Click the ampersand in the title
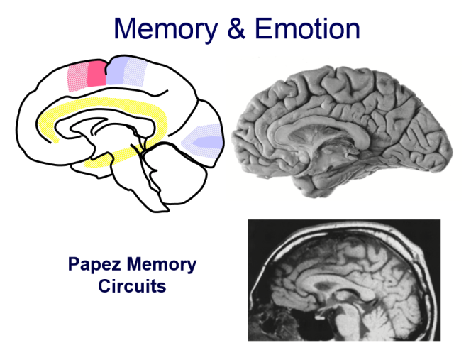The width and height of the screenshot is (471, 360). click(236, 28)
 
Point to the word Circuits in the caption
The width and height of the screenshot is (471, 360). click(132, 288)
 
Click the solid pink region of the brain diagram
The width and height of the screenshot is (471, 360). click(96, 73)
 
